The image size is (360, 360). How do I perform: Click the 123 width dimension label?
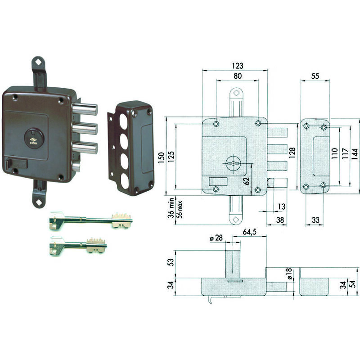click(x=238, y=66)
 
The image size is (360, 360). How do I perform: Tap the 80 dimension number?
click(x=238, y=76)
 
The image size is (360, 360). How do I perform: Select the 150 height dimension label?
click(x=162, y=157)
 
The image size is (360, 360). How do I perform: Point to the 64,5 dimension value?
click(x=250, y=232)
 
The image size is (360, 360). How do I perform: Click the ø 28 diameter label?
click(x=216, y=238)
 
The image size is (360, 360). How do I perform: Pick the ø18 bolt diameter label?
click(x=289, y=274)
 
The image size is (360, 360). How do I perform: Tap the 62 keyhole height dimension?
click(x=246, y=181)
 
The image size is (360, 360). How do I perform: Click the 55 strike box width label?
click(x=315, y=76)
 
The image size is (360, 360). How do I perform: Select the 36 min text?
click(x=171, y=208)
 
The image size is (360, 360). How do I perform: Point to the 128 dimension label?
click(x=292, y=153)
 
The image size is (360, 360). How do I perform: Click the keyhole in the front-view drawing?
click(x=234, y=163)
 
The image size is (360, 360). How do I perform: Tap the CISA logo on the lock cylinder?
click(x=33, y=141)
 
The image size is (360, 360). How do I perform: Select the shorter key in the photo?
click(x=78, y=246)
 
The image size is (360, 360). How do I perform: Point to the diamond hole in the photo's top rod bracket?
click(x=39, y=62)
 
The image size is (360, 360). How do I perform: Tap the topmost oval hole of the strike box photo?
click(x=124, y=121)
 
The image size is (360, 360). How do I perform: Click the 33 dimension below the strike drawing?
click(x=315, y=220)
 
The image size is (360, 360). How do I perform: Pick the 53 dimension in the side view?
click(x=171, y=262)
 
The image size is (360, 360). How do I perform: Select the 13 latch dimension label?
click(x=282, y=207)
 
